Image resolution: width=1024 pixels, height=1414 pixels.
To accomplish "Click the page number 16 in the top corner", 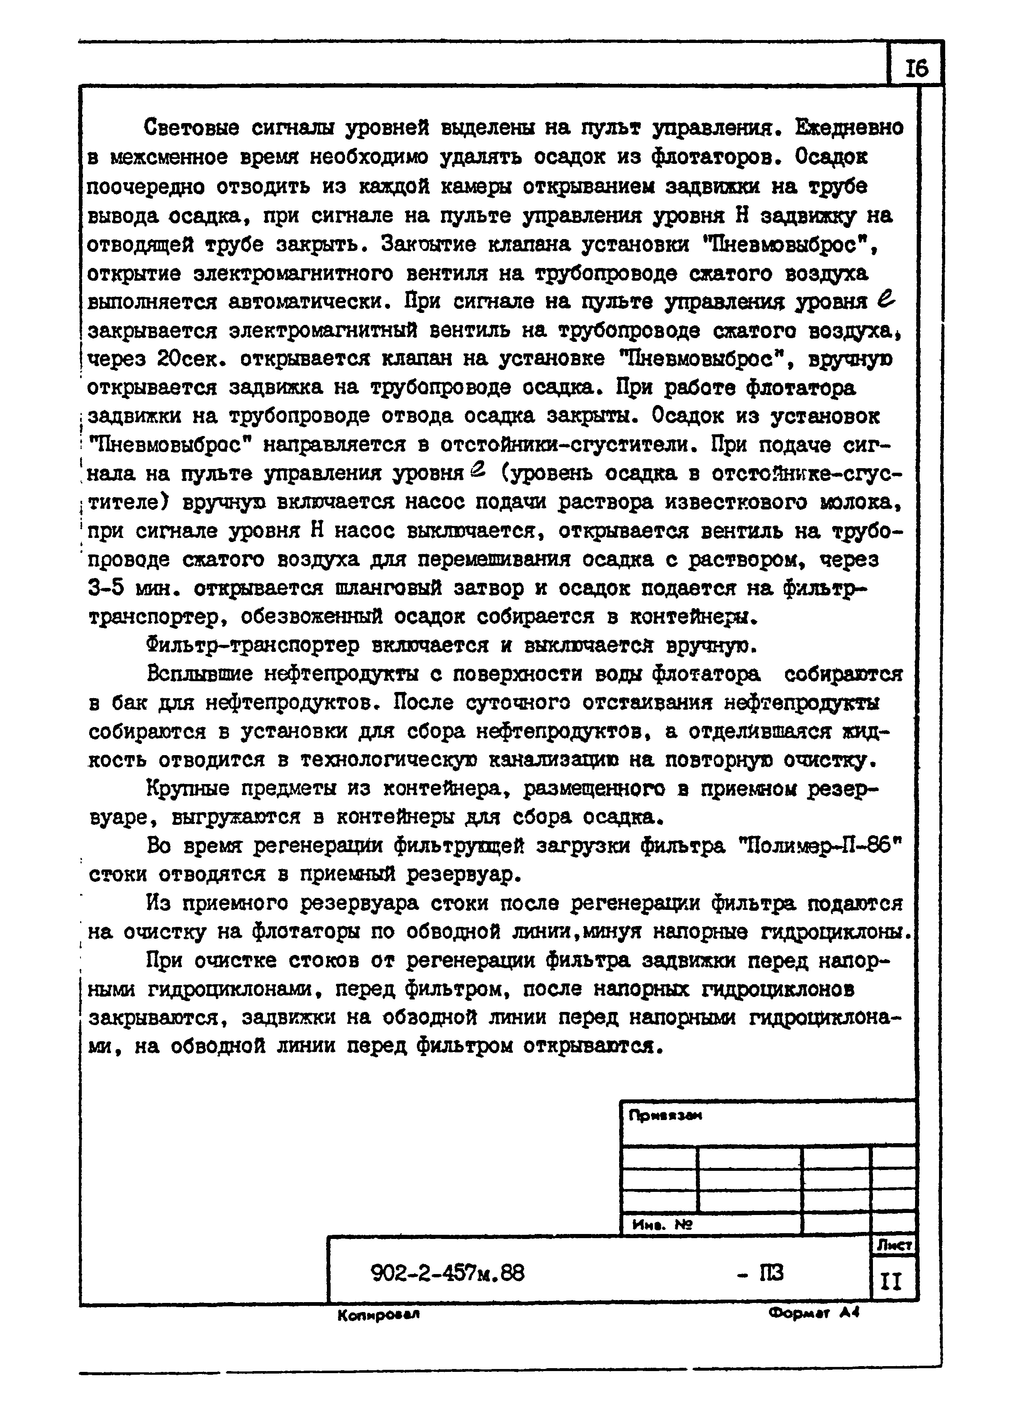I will pyautogui.click(x=916, y=67).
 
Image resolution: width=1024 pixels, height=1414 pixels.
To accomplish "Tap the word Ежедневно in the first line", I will pyautogui.click(x=849, y=128).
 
